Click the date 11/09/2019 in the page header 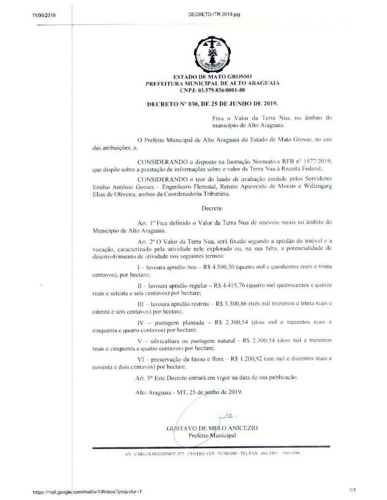(44, 15)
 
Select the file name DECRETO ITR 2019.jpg (214, 14)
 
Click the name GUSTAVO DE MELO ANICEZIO (212, 428)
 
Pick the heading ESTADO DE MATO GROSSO (212, 77)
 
